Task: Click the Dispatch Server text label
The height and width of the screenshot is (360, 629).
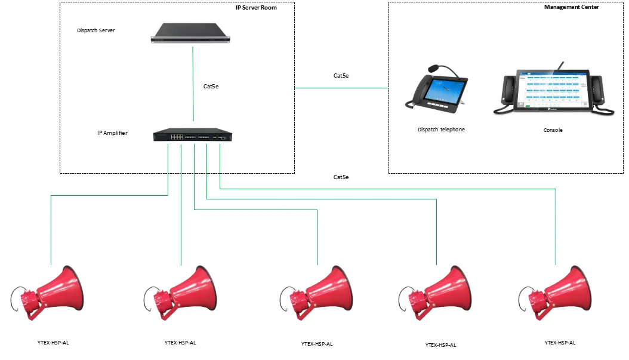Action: click(95, 30)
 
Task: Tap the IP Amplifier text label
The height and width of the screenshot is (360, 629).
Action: click(112, 133)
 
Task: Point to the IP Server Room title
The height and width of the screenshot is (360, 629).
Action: click(256, 8)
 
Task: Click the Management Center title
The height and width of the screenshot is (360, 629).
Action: click(571, 7)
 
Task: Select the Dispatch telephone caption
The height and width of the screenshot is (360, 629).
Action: click(441, 130)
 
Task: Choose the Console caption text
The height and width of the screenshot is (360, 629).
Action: click(553, 130)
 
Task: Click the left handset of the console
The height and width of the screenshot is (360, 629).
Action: click(508, 91)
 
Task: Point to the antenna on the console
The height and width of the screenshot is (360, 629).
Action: click(560, 65)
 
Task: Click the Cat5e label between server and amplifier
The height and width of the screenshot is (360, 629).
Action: click(211, 87)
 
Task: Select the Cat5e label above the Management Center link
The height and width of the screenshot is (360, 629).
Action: click(341, 76)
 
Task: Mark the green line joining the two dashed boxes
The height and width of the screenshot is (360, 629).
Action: click(341, 88)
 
